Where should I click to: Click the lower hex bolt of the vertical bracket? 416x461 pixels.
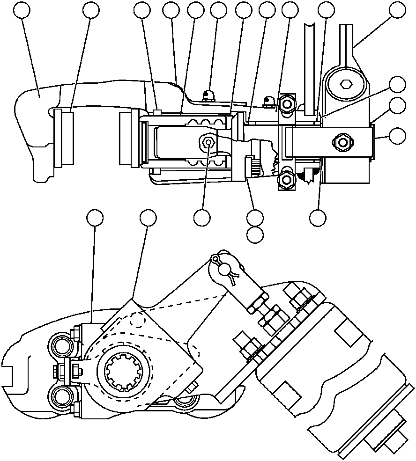tap(285, 179)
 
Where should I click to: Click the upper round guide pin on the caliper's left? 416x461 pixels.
tap(60, 346)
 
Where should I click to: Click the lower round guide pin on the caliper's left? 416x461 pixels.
tap(60, 397)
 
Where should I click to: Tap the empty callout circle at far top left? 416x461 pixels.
tap(21, 10)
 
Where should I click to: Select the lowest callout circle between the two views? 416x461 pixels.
tap(255, 234)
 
